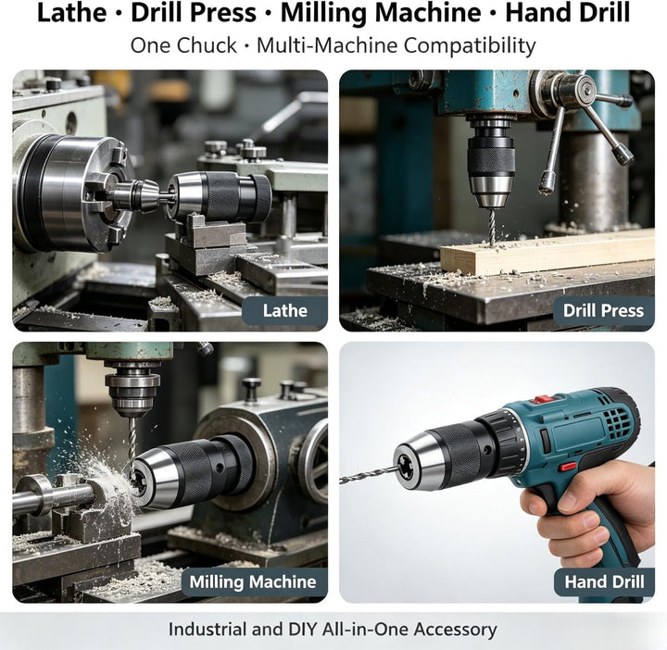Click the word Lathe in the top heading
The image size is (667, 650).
click(72, 13)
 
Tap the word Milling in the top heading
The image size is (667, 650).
click(324, 14)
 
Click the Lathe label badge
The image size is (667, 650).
click(285, 311)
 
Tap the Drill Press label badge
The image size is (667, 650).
click(603, 311)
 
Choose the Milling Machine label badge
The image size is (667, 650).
click(253, 581)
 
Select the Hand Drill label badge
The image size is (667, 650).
click(604, 581)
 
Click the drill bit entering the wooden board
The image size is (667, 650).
click(492, 228)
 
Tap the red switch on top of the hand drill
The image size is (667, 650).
click(545, 399)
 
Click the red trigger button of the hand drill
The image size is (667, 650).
click(568, 467)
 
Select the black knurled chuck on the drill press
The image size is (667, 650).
click(491, 160)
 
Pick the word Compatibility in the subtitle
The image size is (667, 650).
click(470, 45)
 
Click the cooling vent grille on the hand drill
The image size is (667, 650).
click(618, 419)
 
